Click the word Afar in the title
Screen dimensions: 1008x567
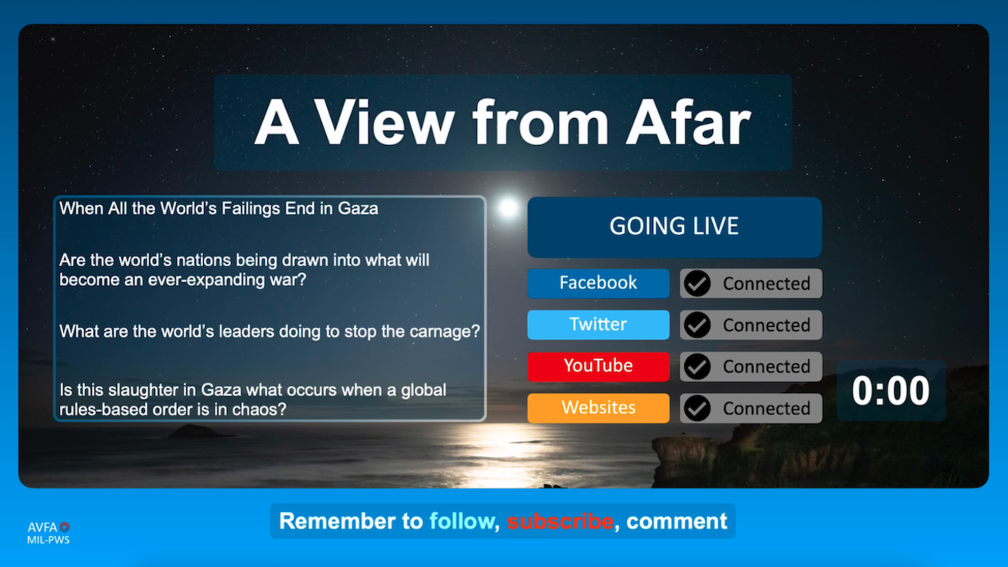click(689, 122)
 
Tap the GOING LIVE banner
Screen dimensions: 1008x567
click(674, 227)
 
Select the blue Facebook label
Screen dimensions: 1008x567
click(598, 283)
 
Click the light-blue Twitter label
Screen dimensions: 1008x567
click(598, 324)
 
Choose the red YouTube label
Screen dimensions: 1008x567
click(598, 366)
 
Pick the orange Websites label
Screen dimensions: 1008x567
click(598, 408)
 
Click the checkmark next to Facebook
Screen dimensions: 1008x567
click(697, 283)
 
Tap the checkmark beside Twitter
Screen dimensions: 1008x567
click(697, 325)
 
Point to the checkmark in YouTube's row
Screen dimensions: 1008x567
click(697, 366)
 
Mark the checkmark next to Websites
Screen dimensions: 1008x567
click(697, 408)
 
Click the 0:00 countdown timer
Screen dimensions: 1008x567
click(891, 391)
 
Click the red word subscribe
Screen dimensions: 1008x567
click(560, 521)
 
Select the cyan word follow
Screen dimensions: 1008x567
click(461, 521)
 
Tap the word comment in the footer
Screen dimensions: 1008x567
click(676, 522)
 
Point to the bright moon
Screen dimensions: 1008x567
click(508, 207)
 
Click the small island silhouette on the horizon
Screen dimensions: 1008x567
click(194, 432)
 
